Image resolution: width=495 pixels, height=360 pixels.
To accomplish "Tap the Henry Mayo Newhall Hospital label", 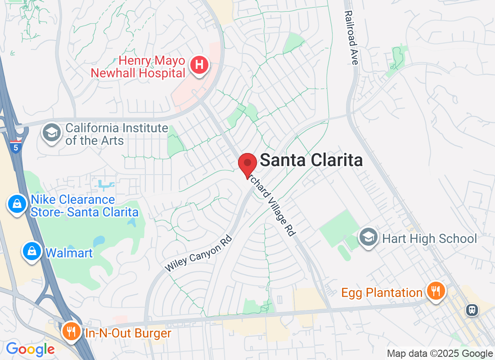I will coord(138,67).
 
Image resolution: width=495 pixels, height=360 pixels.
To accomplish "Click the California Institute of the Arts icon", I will coord(52,133).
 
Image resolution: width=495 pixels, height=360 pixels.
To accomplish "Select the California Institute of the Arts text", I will coord(117,134).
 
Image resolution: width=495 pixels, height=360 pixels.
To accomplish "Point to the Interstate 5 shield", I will coord(15,147).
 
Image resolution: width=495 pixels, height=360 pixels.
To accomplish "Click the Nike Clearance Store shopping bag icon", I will coord(17,205).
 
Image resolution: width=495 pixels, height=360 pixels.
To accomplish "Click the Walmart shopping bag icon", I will coord(32,252).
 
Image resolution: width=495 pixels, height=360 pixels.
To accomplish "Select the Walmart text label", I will coord(69,253).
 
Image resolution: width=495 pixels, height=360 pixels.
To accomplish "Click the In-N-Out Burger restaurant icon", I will coord(71,333).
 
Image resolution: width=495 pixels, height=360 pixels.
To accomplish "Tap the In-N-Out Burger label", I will coord(128,333).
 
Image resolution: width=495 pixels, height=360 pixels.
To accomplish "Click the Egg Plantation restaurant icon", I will coord(435,291).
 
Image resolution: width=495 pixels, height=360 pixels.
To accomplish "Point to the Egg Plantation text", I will coord(382,293).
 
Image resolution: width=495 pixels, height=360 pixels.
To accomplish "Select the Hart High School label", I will coord(429,238).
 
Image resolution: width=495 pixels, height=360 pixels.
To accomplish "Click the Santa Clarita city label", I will coord(311,160).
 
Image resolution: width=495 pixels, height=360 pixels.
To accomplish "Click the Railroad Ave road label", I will coord(351,38).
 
